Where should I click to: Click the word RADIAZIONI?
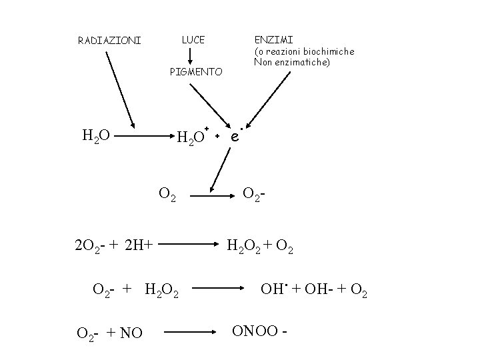[x=109, y=41]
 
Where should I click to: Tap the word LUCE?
[x=193, y=40]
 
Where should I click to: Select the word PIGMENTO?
[x=196, y=71]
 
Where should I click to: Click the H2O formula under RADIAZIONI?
[x=96, y=137]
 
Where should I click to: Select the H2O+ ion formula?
[x=193, y=137]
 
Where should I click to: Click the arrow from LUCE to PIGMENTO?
[x=193, y=55]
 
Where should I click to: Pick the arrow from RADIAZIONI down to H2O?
[x=119, y=87]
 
